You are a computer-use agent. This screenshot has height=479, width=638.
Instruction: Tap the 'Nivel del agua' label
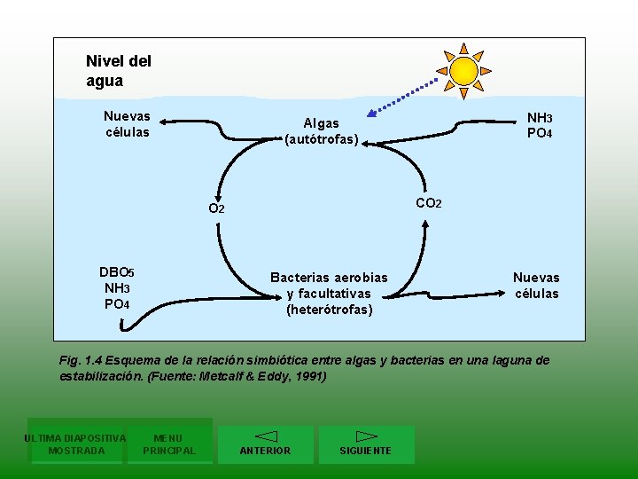coord(118,71)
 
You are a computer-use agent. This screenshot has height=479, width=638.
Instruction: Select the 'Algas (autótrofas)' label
coord(321,131)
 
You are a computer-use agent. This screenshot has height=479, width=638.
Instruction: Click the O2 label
coord(216,208)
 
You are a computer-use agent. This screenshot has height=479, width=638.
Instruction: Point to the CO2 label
coord(428,203)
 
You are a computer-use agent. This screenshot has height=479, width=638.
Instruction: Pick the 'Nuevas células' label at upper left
coord(127,124)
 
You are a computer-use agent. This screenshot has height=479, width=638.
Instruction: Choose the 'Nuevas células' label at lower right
coord(536,286)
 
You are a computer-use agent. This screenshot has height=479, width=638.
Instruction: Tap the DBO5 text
coord(117,272)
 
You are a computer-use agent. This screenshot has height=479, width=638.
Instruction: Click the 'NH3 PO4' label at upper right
coord(540,125)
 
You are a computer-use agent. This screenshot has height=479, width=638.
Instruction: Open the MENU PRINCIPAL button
coord(168,444)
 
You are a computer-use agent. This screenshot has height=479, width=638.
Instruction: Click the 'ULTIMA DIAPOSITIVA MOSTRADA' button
coord(75,444)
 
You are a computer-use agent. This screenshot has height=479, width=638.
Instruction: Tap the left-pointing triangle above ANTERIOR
coord(266,436)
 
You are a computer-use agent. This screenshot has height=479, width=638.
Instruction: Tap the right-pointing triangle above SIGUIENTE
coord(366,436)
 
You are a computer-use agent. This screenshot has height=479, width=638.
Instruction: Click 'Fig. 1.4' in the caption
coord(82,360)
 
